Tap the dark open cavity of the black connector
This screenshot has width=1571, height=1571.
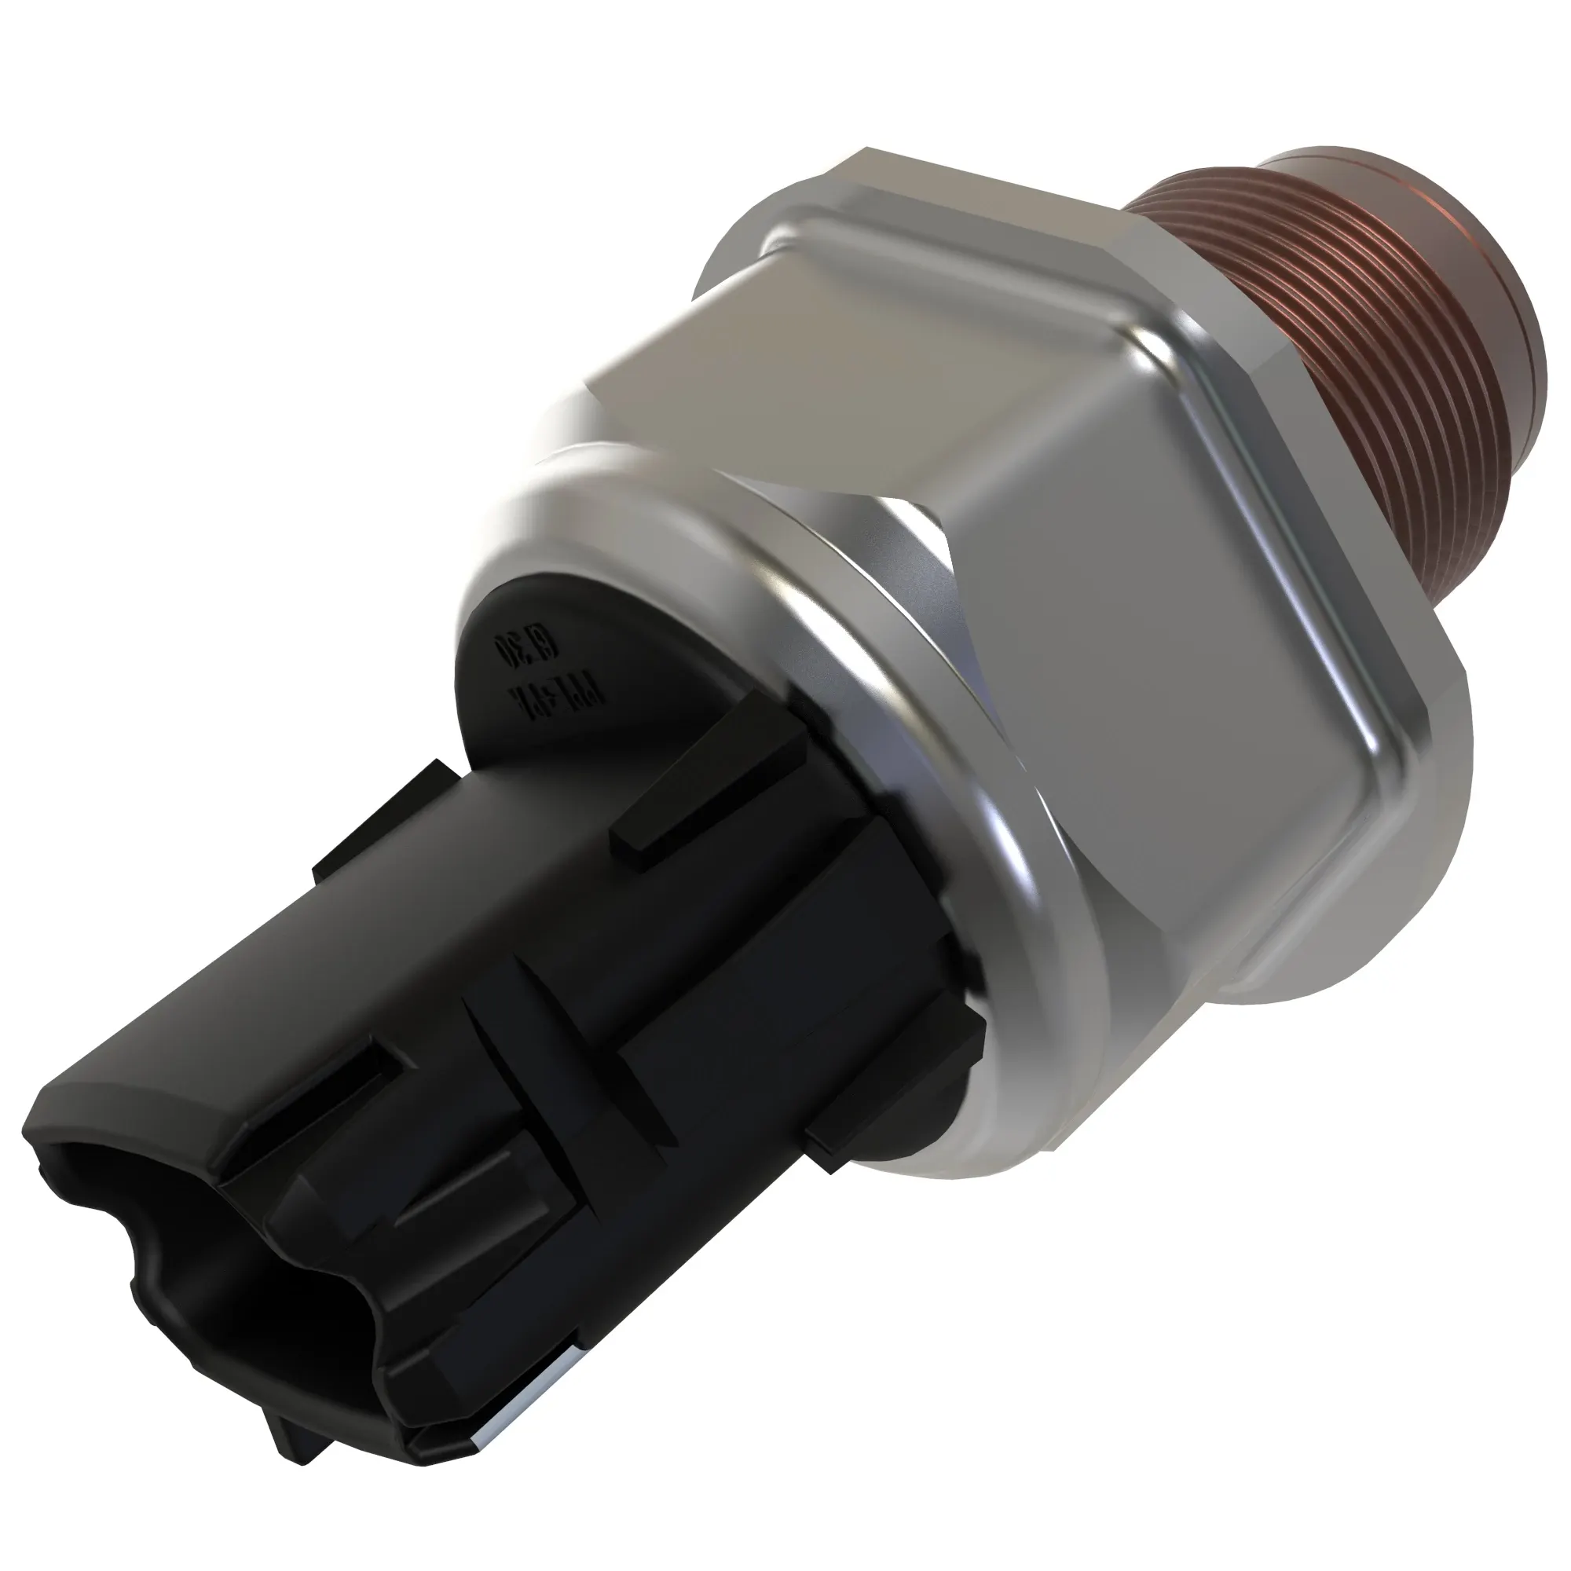(x=203, y=1269)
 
